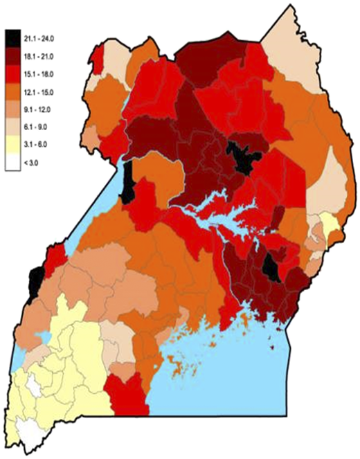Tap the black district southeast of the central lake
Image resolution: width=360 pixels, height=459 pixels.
coord(271,267)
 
